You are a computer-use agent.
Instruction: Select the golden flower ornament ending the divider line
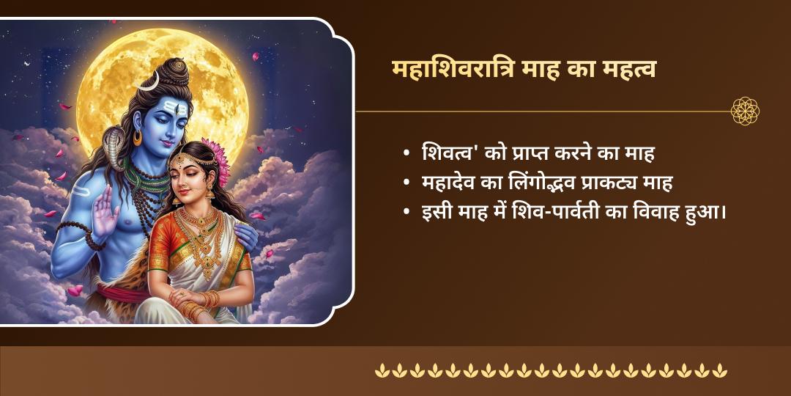coord(745,111)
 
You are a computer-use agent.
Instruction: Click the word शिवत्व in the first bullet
coord(447,154)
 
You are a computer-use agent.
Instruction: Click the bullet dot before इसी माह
coord(406,213)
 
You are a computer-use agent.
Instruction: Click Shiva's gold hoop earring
coord(138,138)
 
